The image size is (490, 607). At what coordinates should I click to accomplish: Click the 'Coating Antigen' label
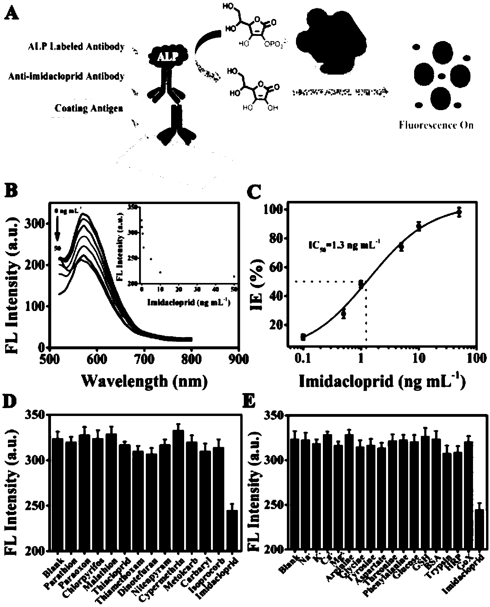click(x=89, y=108)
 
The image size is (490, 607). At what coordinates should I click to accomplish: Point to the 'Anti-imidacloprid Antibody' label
click(x=66, y=76)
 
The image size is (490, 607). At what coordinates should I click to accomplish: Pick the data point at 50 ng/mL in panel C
click(x=459, y=212)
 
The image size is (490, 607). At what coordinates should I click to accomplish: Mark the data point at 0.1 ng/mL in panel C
click(x=303, y=337)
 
